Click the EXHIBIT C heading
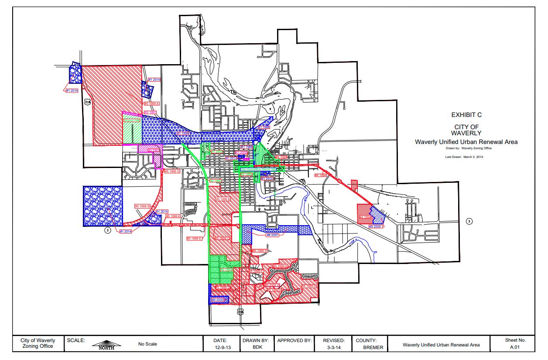tap(466, 115)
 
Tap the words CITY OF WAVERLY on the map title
tap(466, 130)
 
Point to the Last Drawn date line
tap(464, 157)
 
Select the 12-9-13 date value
tap(220, 347)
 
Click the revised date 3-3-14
tap(334, 347)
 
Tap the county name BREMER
tap(373, 347)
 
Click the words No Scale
tap(147, 344)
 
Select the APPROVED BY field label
tap(295, 340)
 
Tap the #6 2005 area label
tap(217, 300)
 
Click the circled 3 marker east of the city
tap(469, 221)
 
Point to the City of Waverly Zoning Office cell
tap(38, 343)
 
